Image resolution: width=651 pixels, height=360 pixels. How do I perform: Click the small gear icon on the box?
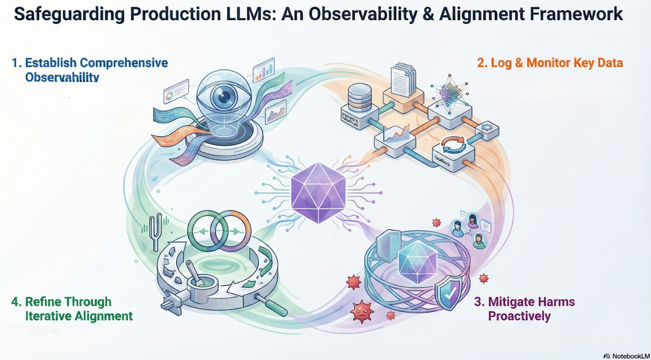(x=485, y=127)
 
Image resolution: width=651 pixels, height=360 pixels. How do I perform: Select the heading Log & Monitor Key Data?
(x=550, y=62)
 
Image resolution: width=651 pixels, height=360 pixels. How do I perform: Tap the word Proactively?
(x=519, y=316)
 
